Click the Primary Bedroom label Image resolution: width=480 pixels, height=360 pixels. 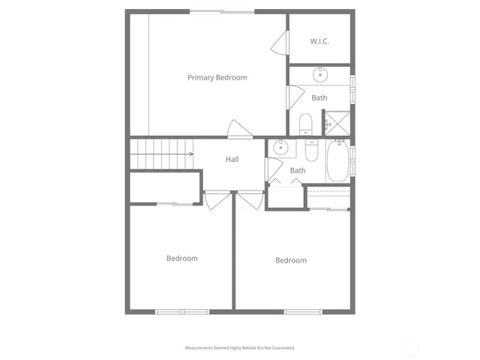(x=217, y=77)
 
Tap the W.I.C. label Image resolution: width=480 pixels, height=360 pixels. (x=319, y=41)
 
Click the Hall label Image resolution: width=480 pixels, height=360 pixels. (x=232, y=159)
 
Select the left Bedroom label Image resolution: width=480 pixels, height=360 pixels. (x=181, y=258)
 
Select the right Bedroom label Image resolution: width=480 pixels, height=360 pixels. (x=290, y=260)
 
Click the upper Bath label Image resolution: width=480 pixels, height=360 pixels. (x=319, y=97)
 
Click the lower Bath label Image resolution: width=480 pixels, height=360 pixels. (x=298, y=170)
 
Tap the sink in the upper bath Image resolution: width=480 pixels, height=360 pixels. (x=320, y=73)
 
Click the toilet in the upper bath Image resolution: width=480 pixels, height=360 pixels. (x=305, y=124)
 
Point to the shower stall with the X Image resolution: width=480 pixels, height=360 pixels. (x=337, y=123)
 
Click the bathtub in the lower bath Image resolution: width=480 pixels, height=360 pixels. (x=337, y=161)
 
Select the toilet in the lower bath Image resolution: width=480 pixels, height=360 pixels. (x=310, y=150)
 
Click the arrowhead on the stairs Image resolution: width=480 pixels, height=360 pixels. (x=191, y=154)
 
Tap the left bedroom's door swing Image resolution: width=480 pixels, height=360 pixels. (x=216, y=199)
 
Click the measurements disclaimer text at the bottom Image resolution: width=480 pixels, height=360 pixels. (x=240, y=348)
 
